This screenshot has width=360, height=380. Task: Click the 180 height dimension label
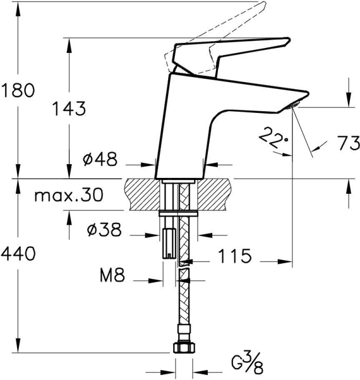point(17,90)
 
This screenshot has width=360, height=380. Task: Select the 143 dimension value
point(69,108)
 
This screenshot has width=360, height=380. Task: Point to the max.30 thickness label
point(68,196)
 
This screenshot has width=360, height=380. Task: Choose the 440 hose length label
point(18,254)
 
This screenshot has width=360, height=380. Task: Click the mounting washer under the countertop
point(178,214)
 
